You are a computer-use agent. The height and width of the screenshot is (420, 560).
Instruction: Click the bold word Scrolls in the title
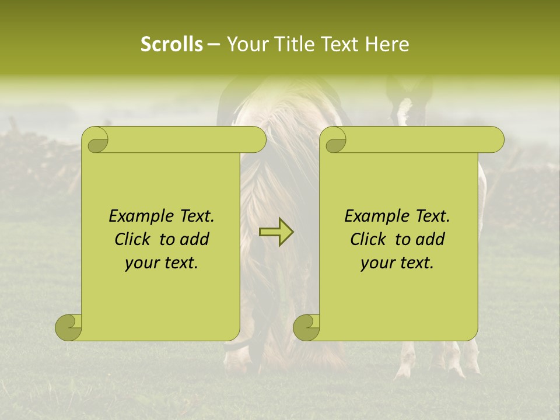[172, 44]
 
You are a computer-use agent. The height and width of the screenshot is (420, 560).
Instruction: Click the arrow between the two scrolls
[276, 233]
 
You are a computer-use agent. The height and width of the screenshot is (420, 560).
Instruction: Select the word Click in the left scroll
[135, 239]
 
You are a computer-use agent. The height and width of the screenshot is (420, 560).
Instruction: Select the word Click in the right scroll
[370, 239]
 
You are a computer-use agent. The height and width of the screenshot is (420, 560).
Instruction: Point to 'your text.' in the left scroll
[162, 262]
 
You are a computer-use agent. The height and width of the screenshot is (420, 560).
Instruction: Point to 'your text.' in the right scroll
[397, 262]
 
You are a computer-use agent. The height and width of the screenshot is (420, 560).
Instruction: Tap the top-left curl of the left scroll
[96, 141]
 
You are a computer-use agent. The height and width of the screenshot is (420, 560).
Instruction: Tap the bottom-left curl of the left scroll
[68, 327]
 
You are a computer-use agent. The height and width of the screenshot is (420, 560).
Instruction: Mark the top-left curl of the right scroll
[334, 141]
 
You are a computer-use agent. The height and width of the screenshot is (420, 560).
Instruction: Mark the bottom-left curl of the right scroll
[306, 327]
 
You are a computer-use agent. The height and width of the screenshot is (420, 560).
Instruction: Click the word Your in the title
[247, 44]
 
